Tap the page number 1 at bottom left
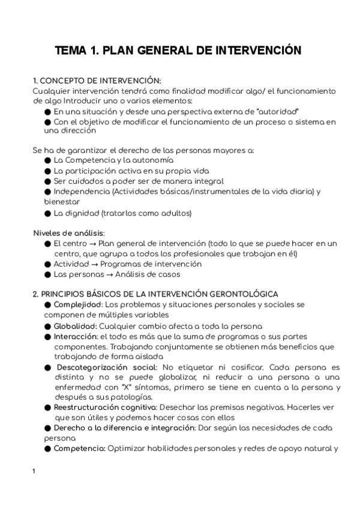click(34, 471)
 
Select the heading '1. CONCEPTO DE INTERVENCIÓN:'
click(97, 80)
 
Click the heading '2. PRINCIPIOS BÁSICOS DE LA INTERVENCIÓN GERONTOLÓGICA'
click(155, 294)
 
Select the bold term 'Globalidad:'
click(74, 326)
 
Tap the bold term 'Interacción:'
click(75, 336)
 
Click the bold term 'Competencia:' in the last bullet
click(79, 448)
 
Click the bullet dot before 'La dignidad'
click(47, 212)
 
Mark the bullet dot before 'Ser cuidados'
click(47, 181)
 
